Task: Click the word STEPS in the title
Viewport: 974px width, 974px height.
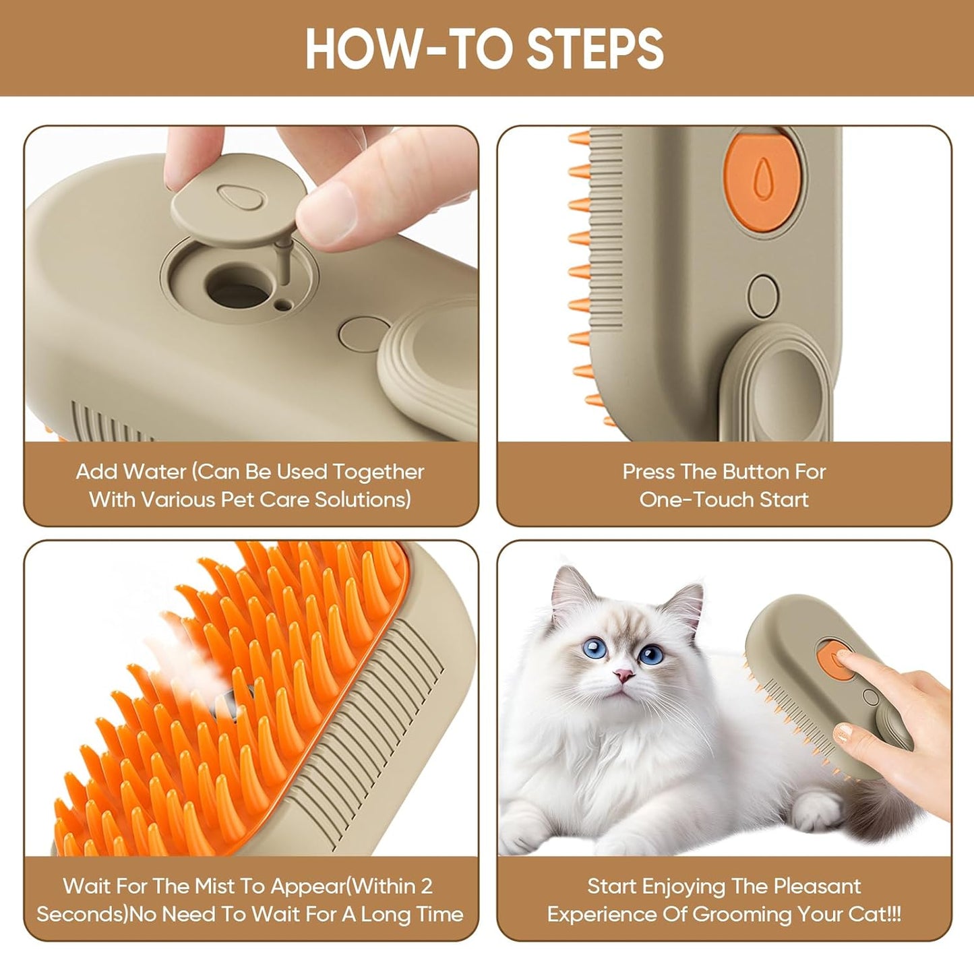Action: point(595,49)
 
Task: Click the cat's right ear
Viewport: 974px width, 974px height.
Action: point(686,597)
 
